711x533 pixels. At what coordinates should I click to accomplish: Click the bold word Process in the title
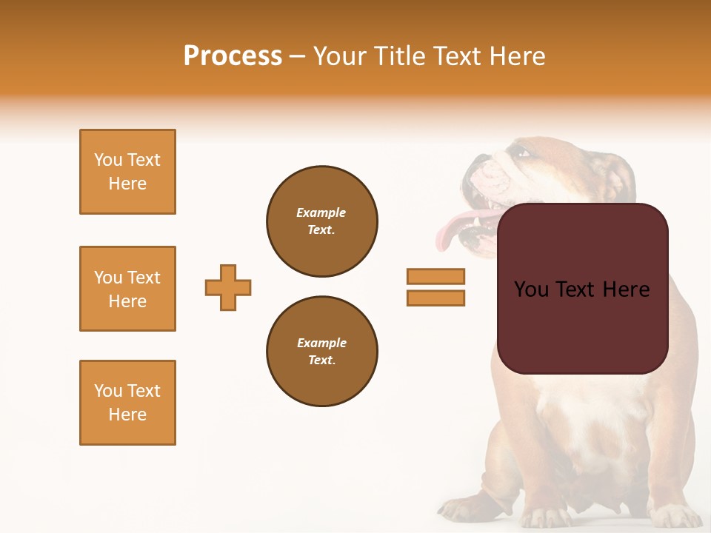(233, 56)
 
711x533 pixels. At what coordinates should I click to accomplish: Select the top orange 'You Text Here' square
(127, 172)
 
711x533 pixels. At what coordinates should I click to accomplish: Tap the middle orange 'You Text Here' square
(127, 289)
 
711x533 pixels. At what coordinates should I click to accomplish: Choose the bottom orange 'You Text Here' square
(127, 403)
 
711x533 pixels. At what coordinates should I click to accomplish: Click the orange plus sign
(228, 287)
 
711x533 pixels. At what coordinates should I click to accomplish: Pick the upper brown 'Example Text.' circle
(322, 221)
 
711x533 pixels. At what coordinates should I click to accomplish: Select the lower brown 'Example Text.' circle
(322, 352)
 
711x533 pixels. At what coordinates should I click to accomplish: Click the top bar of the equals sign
(435, 276)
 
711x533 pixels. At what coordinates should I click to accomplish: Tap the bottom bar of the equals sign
(435, 298)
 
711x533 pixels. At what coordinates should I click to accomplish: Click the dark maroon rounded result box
(583, 326)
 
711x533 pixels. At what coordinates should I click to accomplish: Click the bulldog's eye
(523, 153)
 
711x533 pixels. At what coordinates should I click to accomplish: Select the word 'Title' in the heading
(404, 56)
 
